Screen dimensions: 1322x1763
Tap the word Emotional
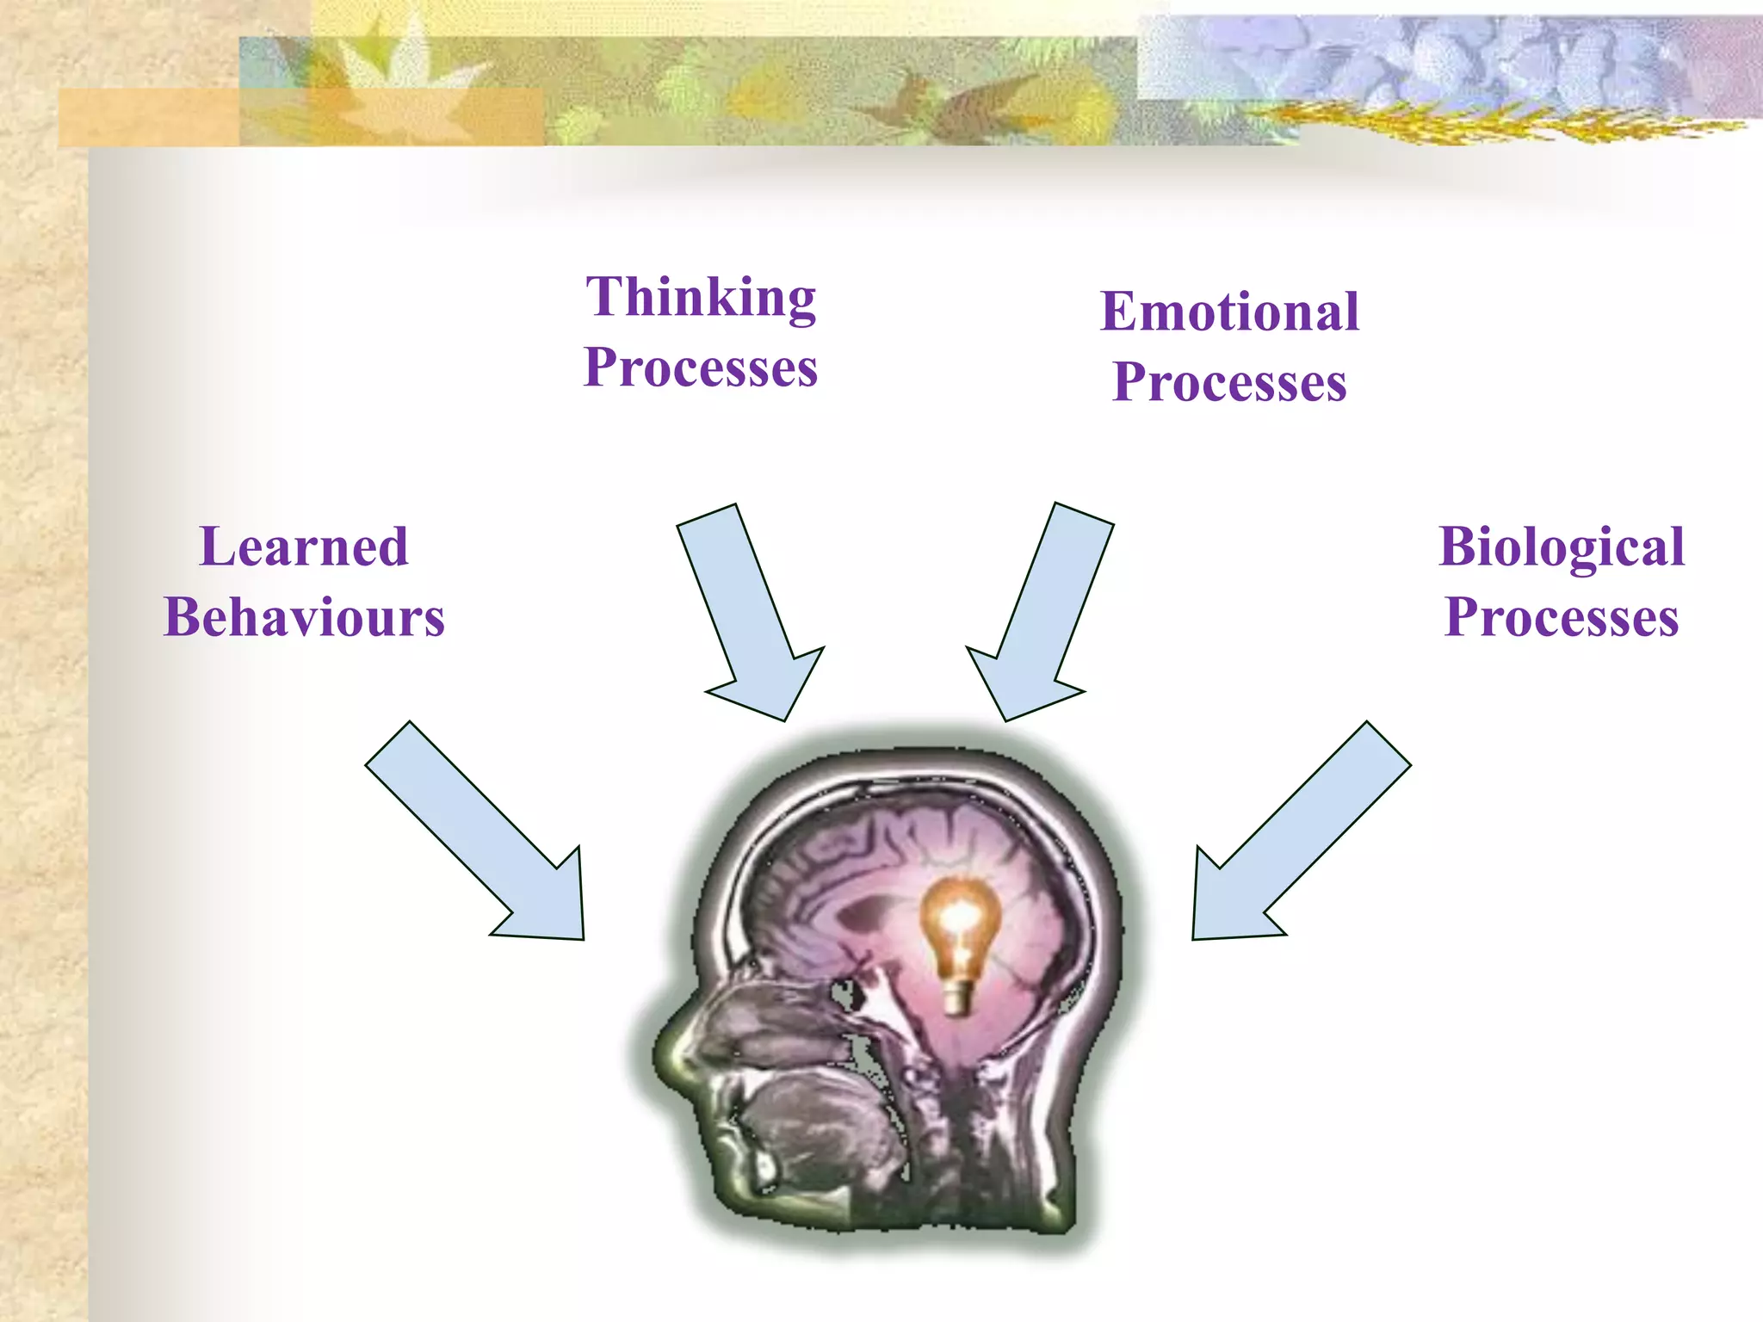(x=1229, y=312)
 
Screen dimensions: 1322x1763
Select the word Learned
(x=304, y=547)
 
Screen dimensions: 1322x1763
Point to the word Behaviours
(x=304, y=618)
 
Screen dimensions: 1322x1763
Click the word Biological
(x=1562, y=547)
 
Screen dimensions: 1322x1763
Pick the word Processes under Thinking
(x=701, y=368)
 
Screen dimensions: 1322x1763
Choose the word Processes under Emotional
(x=1229, y=382)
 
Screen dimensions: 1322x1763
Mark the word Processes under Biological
(x=1562, y=618)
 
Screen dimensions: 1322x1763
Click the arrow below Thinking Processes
(x=749, y=611)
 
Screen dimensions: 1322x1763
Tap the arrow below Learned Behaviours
(x=482, y=835)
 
